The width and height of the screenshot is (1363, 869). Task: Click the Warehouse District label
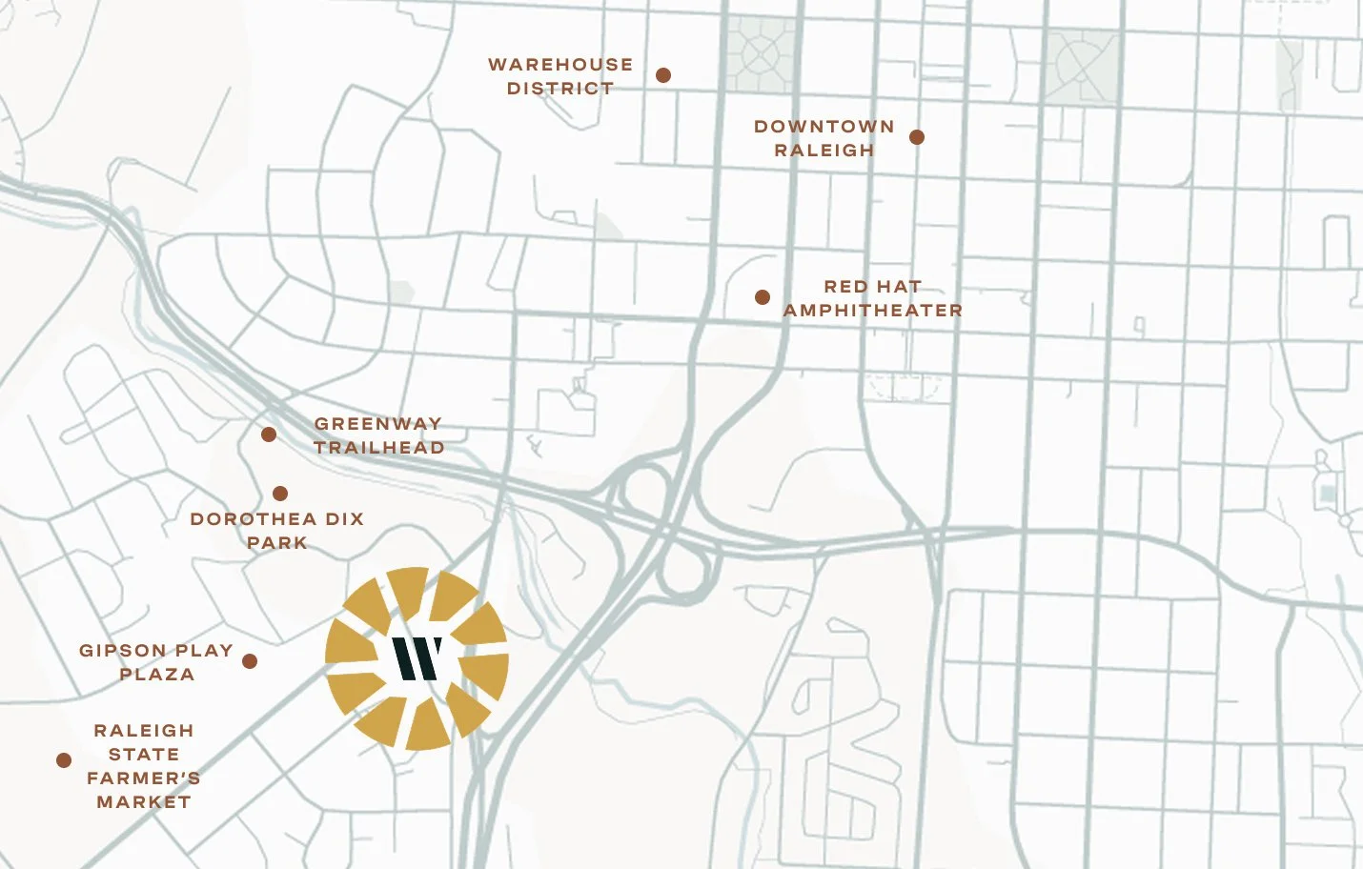(x=559, y=76)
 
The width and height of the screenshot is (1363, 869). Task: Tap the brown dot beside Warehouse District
(x=663, y=75)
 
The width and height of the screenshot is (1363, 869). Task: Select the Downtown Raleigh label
(x=824, y=138)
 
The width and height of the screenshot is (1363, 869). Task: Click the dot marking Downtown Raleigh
(x=917, y=137)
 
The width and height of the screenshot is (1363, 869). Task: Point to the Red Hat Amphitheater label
(x=872, y=298)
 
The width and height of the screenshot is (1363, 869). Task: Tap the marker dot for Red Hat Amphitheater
(x=763, y=297)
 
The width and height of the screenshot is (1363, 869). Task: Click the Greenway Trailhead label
(x=378, y=435)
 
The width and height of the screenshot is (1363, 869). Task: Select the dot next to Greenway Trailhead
(x=269, y=434)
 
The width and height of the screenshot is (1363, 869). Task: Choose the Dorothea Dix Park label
(x=276, y=531)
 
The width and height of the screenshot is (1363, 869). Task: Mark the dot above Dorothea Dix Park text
(x=280, y=494)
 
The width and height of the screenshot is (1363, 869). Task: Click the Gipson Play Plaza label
(x=156, y=662)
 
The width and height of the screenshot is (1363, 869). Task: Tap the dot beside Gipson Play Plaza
(x=250, y=661)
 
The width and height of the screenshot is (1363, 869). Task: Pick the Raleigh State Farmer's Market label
(x=144, y=766)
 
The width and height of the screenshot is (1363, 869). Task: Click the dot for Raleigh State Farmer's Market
(x=64, y=760)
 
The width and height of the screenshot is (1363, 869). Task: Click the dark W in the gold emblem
(x=417, y=658)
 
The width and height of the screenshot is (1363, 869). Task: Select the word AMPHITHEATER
(x=872, y=311)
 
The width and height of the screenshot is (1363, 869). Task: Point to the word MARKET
(x=144, y=802)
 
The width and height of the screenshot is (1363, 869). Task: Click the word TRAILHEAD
(x=378, y=448)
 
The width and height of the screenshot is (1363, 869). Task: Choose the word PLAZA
(x=156, y=675)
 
